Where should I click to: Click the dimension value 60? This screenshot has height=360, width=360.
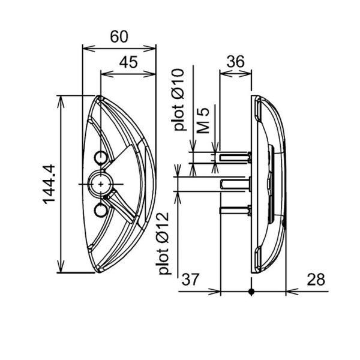coord(119,37)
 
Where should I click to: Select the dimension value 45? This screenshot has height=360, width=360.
coord(128,62)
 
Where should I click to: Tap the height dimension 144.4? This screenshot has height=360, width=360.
coord(49,184)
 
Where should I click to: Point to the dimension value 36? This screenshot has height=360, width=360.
coord(236,62)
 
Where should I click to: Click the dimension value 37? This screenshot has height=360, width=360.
coord(190,280)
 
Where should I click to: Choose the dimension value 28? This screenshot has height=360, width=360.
coord(316,280)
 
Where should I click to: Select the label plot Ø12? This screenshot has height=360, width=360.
coord(164,244)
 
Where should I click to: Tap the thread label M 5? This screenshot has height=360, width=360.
coord(203,121)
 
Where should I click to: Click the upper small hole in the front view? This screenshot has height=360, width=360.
coord(101,157)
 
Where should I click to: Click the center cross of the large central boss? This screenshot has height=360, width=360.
coord(101,184)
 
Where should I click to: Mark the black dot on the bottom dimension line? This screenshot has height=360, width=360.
coord(251,292)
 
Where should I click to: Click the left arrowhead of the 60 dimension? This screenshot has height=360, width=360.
coord(88,49)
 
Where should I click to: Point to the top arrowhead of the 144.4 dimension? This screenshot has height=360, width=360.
coord(61,101)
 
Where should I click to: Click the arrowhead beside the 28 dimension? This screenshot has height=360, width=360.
coord(292,292)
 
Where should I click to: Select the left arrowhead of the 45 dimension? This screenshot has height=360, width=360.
coord(107,74)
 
